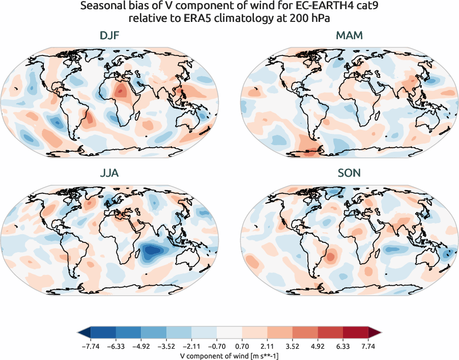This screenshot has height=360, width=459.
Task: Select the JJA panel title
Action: coord(109,173)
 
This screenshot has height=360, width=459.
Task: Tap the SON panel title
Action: coord(349,173)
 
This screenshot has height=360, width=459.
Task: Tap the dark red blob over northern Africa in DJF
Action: coord(121,92)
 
